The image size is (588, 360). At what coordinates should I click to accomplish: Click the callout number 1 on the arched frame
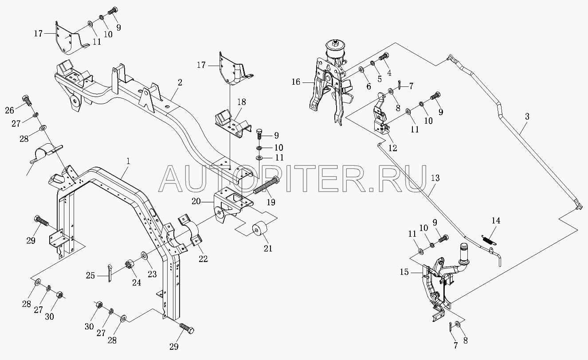128,161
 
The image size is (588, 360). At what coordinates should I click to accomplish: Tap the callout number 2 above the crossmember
180,82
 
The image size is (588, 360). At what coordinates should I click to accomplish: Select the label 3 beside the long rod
527,117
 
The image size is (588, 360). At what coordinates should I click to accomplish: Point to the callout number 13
435,178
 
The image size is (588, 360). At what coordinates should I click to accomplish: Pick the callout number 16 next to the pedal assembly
296,82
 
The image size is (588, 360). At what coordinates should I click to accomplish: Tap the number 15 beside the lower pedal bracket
404,272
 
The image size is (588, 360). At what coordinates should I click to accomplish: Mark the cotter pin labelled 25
110,273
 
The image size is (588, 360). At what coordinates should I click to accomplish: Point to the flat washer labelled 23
144,255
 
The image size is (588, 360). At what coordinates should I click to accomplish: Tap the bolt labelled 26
27,100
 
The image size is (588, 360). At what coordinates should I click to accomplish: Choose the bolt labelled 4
384,57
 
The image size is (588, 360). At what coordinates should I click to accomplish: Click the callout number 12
393,148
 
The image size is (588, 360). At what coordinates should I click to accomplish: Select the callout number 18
242,102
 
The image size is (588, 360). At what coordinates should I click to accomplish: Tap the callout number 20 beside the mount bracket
196,202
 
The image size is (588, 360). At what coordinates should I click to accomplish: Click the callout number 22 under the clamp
203,259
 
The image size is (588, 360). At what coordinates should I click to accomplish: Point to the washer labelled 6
361,69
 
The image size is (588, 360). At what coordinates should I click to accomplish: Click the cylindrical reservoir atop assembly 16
335,50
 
